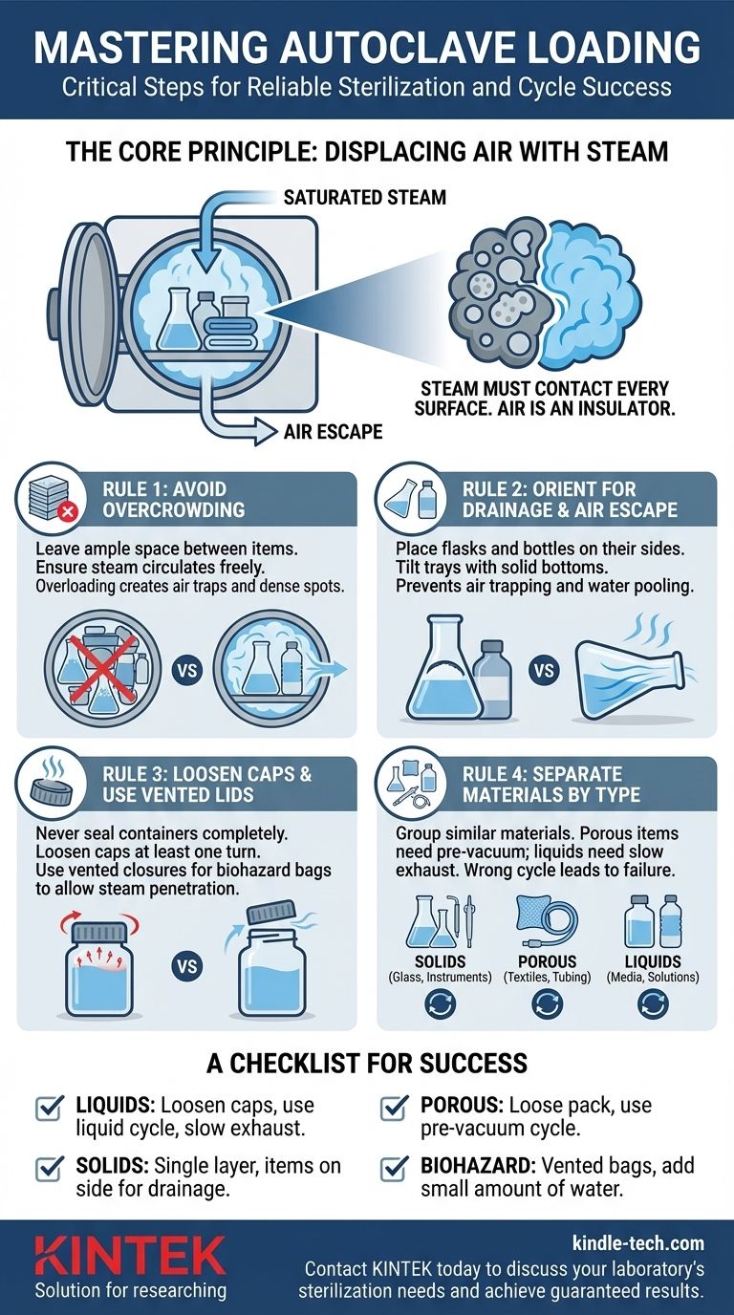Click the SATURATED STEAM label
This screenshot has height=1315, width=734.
(x=365, y=198)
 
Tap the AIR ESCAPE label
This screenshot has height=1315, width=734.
(x=333, y=432)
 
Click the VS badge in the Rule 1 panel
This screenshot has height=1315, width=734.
(x=186, y=671)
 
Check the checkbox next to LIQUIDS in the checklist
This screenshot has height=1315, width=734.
(x=48, y=1109)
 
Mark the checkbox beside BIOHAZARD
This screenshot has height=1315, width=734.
(x=393, y=1168)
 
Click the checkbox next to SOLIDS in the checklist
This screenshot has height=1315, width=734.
(x=48, y=1168)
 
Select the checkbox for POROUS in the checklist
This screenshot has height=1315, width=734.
(x=393, y=1109)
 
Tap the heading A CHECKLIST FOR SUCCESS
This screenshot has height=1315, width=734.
(x=367, y=1062)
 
